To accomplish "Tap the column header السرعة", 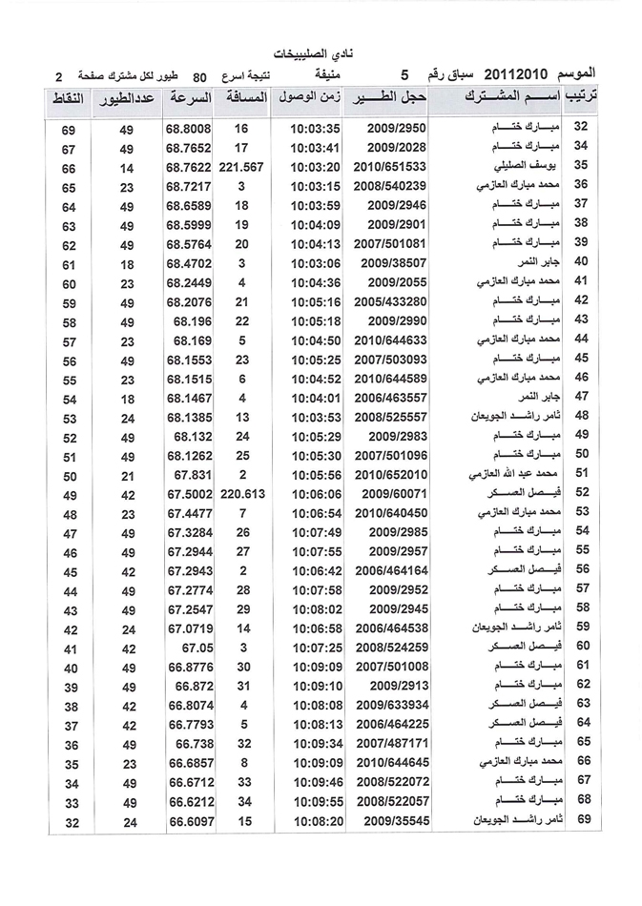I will click(188, 100).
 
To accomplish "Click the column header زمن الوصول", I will click(307, 100).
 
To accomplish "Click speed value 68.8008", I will click(188, 129).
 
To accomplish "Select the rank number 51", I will click(581, 474).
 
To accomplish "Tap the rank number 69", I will click(581, 819).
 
